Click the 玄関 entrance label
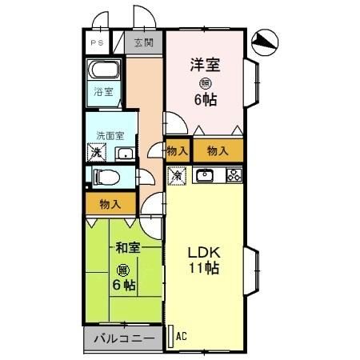[143, 43]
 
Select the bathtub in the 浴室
[103, 70]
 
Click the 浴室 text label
[104, 92]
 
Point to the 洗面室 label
[107, 134]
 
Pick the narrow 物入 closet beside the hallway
[177, 150]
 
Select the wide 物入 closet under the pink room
[217, 150]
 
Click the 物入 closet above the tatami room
[110, 204]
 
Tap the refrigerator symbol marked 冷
[177, 174]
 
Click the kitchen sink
[204, 175]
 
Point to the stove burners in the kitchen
[234, 175]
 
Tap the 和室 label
[128, 249]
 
